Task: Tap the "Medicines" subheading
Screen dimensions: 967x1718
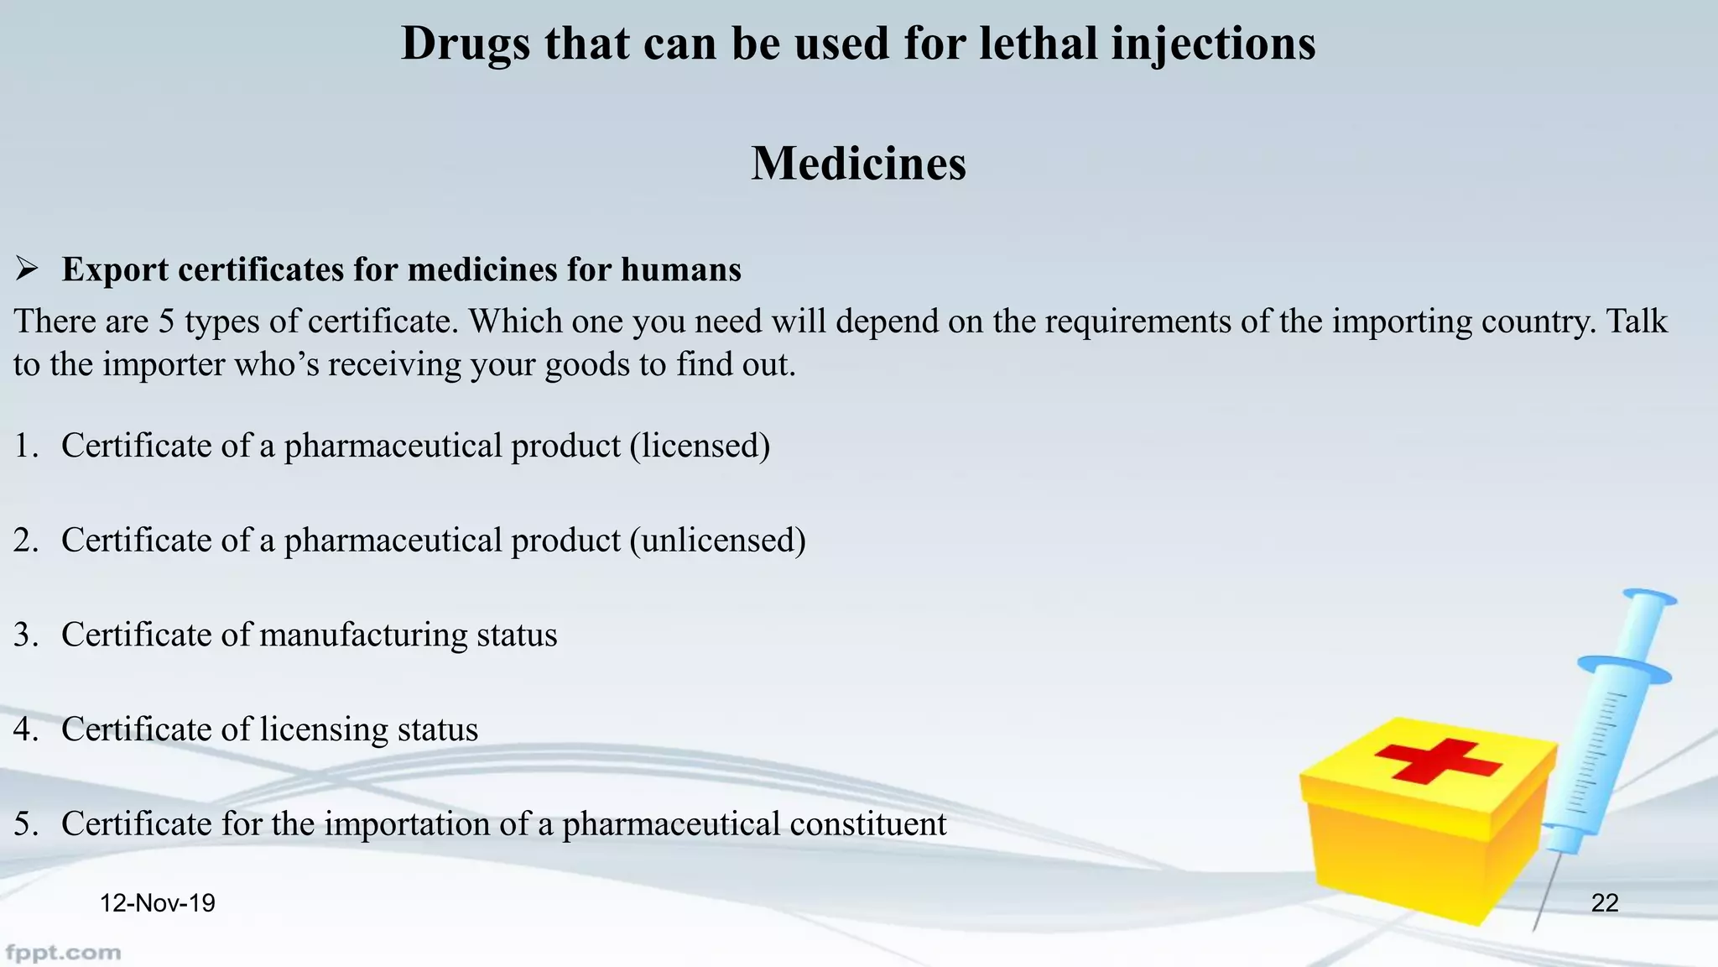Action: pyautogui.click(x=858, y=163)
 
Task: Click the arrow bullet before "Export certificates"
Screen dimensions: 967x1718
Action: pyautogui.click(x=27, y=269)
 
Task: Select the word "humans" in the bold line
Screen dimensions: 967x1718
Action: pyautogui.click(x=680, y=270)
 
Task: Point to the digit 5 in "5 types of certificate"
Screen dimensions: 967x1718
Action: pyautogui.click(x=166, y=322)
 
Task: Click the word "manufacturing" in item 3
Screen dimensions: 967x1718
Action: pyautogui.click(x=363, y=635)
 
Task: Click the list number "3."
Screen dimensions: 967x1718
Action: pyautogui.click(x=26, y=635)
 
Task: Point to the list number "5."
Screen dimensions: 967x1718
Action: pyautogui.click(x=26, y=824)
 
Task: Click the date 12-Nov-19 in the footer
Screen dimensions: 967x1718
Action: pyautogui.click(x=158, y=903)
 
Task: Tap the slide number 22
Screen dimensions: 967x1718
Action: pyautogui.click(x=1604, y=903)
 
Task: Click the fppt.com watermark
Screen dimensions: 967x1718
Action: pyautogui.click(x=63, y=953)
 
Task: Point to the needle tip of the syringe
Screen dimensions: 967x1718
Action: pyautogui.click(x=1535, y=928)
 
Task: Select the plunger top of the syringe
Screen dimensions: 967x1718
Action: pyautogui.click(x=1649, y=597)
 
